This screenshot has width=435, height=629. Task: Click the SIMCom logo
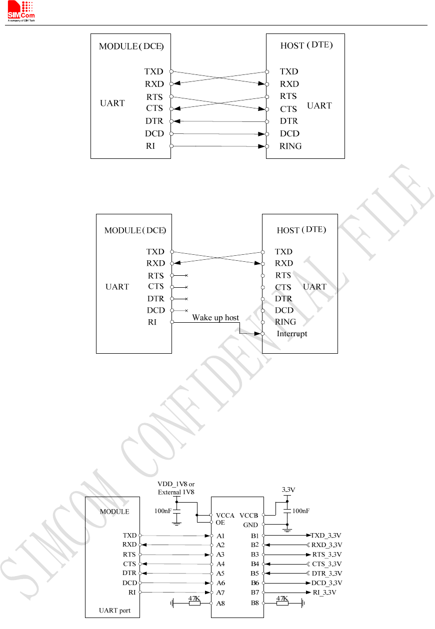pyautogui.click(x=21, y=11)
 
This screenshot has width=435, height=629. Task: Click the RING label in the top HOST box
pyautogui.click(x=290, y=146)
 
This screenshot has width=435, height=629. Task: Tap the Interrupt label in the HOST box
pyautogui.click(x=292, y=334)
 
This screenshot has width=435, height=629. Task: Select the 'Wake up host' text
pyautogui.click(x=215, y=318)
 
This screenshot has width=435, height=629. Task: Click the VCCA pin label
pyautogui.click(x=225, y=516)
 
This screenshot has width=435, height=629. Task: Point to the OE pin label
pyautogui.click(x=220, y=523)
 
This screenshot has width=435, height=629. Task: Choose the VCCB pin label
pyautogui.click(x=248, y=516)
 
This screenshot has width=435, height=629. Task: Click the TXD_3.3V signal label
pyautogui.click(x=326, y=536)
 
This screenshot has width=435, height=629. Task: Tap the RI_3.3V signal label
pyautogui.click(x=324, y=593)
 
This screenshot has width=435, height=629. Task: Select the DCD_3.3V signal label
pyautogui.click(x=326, y=583)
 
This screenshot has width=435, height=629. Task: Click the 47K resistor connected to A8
pyautogui.click(x=194, y=603)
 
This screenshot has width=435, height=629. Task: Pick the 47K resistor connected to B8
pyautogui.click(x=282, y=603)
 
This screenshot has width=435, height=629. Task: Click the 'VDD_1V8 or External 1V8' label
pyautogui.click(x=176, y=488)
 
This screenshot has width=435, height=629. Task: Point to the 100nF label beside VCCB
pyautogui.click(x=301, y=511)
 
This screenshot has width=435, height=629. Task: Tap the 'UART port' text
pyautogui.click(x=114, y=611)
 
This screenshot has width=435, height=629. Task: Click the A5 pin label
pyautogui.click(x=220, y=574)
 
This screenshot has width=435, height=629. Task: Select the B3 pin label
pyautogui.click(x=255, y=555)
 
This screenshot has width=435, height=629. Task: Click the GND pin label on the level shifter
pyautogui.click(x=250, y=525)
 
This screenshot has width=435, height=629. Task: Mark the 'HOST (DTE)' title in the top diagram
pyautogui.click(x=306, y=45)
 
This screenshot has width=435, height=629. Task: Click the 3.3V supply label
pyautogui.click(x=288, y=490)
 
